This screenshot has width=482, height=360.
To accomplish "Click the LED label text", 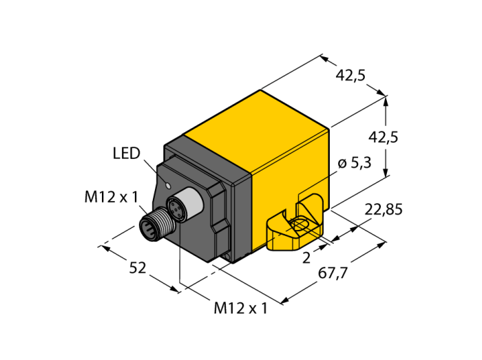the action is click(126, 153).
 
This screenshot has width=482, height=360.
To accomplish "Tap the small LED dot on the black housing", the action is click(168, 186).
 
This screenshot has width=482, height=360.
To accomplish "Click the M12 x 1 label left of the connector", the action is click(112, 197).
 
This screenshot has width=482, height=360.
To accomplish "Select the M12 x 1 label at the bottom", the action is click(241, 308).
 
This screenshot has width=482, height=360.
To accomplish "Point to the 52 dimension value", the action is click(138, 268).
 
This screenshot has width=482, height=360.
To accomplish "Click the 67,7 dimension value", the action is click(333, 273).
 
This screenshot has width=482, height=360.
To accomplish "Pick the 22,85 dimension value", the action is click(384, 210).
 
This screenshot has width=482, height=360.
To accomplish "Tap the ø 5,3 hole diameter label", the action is click(355, 163).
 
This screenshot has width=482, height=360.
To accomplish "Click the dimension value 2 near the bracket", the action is click(306, 258).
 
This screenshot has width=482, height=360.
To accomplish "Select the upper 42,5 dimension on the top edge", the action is click(350, 76).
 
